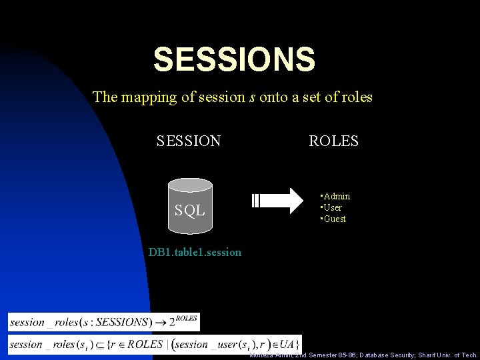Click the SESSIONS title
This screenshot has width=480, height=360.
click(234, 59)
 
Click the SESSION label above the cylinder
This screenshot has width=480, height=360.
click(189, 141)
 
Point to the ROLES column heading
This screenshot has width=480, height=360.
click(333, 141)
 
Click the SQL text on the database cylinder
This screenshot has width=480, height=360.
click(189, 211)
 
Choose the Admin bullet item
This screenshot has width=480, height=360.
click(335, 197)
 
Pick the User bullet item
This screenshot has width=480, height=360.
click(333, 207)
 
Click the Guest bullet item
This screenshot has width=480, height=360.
click(334, 219)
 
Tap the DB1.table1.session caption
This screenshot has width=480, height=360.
click(195, 253)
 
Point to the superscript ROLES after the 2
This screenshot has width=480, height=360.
click(187, 318)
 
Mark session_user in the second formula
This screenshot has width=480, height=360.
click(201, 345)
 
